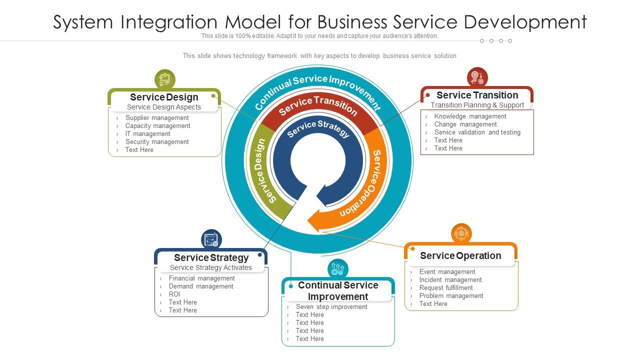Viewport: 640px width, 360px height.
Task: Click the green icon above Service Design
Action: (164, 79)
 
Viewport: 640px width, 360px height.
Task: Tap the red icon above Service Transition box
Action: (477, 77)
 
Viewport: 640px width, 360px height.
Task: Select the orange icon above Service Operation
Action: (461, 233)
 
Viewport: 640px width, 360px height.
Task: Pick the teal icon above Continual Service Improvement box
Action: (338, 269)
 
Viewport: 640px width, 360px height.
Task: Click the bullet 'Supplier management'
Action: (157, 118)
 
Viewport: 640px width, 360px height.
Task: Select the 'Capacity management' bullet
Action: (157, 126)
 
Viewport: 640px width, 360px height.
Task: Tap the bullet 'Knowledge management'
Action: (470, 116)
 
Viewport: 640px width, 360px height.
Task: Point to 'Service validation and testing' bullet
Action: (477, 132)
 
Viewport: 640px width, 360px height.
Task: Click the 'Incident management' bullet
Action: (450, 280)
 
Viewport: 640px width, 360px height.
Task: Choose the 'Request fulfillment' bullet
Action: (445, 288)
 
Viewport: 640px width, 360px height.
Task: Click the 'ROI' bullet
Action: (174, 294)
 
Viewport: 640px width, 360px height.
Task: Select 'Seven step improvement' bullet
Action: (331, 307)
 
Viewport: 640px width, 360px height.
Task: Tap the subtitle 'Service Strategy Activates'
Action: (211, 267)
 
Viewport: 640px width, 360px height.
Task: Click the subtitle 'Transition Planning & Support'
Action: (477, 105)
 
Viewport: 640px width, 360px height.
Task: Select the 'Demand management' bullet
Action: (201, 286)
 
